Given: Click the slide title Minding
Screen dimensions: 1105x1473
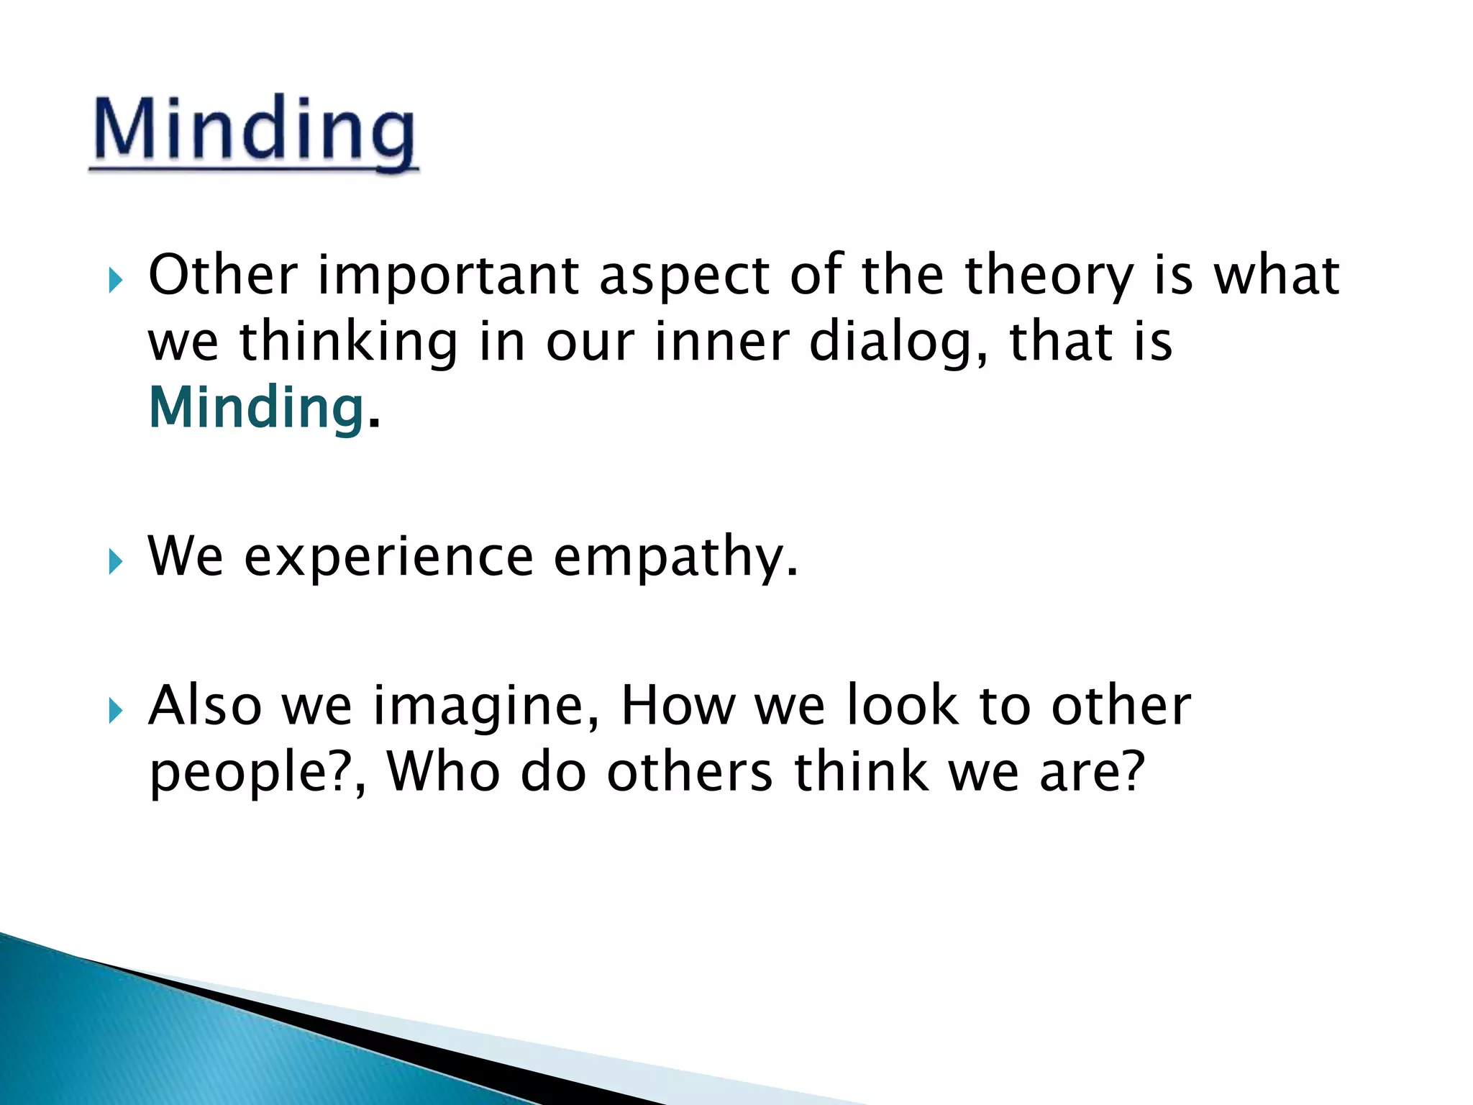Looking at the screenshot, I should tap(255, 129).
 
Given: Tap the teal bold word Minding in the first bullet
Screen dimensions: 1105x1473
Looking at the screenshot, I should tap(256, 407).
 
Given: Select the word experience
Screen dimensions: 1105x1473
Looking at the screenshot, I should tap(388, 557).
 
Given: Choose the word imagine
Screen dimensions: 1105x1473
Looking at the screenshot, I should tap(486, 706).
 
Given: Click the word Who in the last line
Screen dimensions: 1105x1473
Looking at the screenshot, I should tap(443, 771).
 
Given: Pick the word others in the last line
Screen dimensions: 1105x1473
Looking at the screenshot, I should tap(689, 771).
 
